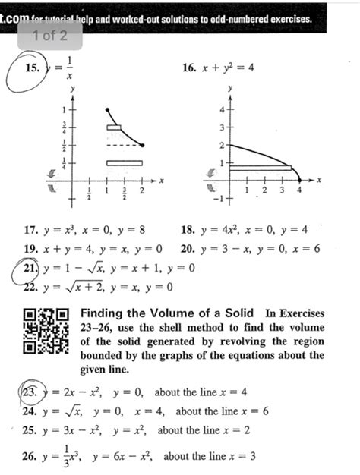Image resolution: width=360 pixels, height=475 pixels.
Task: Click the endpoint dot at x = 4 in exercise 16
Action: pyautogui.click(x=299, y=181)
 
